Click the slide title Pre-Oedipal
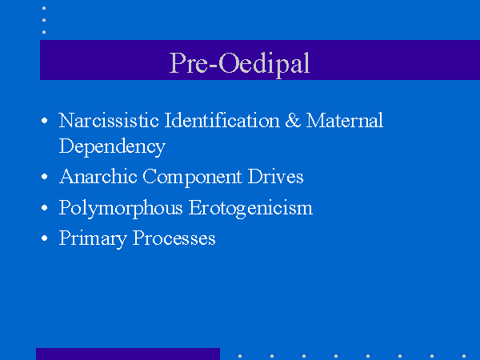point(239,63)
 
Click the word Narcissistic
point(109,120)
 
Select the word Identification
point(222,120)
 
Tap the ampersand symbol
point(293,120)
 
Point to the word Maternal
point(344,120)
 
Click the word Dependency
point(112,146)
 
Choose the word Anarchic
point(98,176)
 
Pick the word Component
point(192,177)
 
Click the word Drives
point(275,176)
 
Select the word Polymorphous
point(121,208)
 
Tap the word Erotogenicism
point(250,208)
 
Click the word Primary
point(93,238)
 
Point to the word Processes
point(174,238)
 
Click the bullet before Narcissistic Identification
point(44,120)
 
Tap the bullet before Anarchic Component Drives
point(44,177)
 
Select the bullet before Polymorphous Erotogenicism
point(44,208)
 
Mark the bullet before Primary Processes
point(44,238)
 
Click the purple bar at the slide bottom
point(128,354)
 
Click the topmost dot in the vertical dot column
point(44,8)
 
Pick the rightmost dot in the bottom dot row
point(464,356)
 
